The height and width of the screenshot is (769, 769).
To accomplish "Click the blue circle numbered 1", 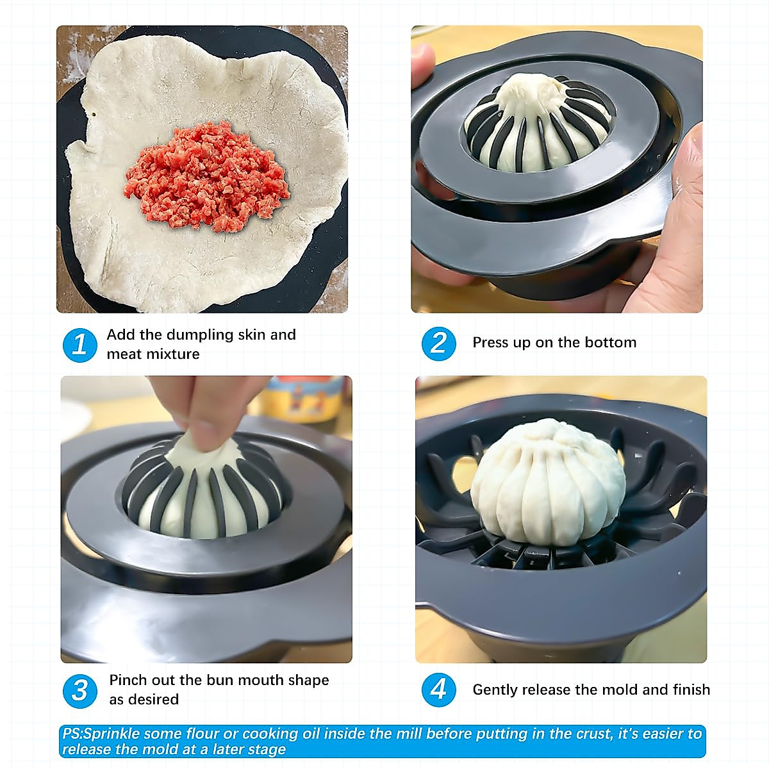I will [79, 345].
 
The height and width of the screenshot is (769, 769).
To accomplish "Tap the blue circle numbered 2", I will [438, 343].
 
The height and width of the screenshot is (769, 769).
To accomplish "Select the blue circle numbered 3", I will [79, 690].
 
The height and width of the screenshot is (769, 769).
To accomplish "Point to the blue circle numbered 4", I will [438, 690].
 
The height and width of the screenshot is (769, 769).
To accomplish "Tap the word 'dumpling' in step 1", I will [198, 335].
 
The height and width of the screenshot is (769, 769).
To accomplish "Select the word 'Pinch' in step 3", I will [128, 681].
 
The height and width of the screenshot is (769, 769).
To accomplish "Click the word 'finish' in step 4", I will [691, 690].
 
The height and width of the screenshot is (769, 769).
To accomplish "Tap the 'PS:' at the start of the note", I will [72, 734].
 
